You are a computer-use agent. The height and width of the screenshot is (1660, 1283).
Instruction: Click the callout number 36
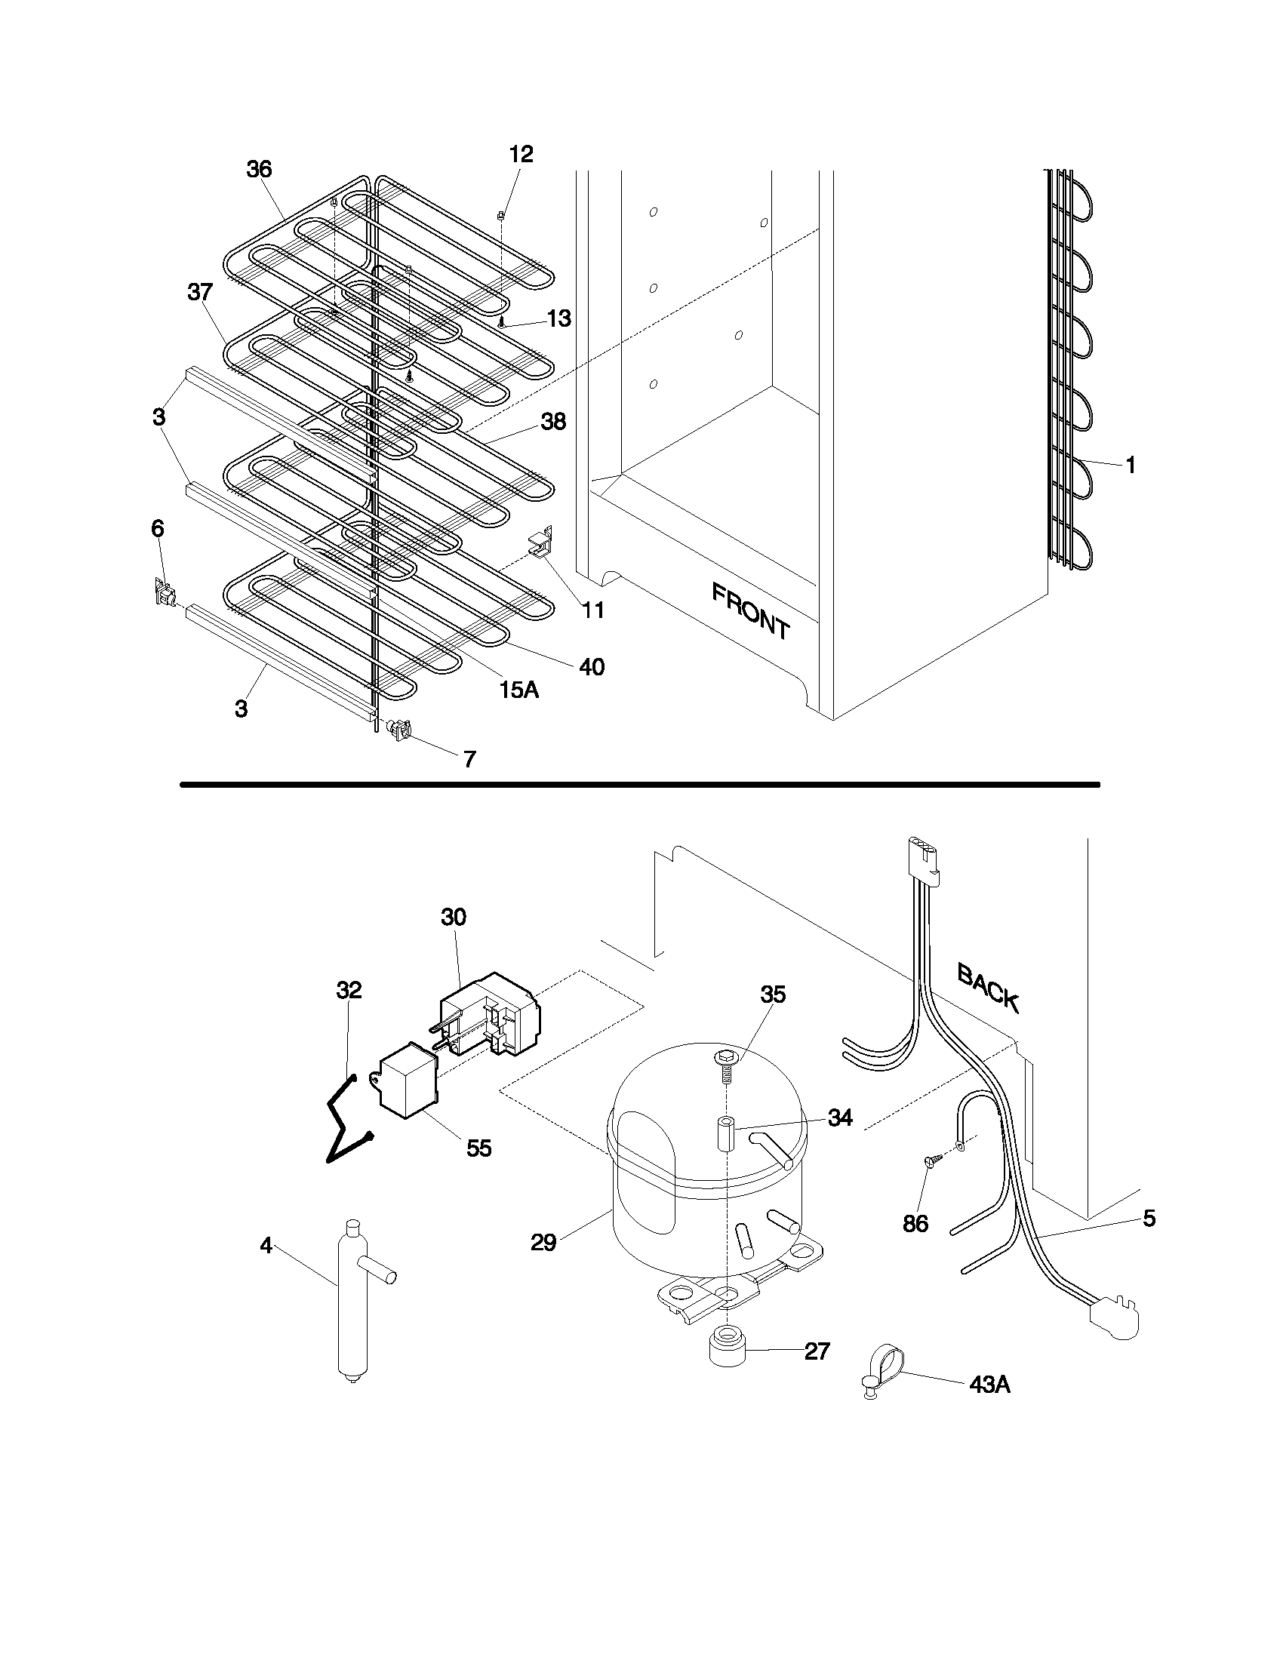click(x=259, y=169)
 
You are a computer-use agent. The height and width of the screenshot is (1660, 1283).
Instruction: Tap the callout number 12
click(x=521, y=154)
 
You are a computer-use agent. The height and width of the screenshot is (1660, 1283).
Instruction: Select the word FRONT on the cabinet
click(x=750, y=610)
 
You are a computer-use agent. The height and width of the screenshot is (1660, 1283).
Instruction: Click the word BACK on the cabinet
click(x=987, y=987)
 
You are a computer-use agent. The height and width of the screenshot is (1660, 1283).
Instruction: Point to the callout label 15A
click(x=518, y=690)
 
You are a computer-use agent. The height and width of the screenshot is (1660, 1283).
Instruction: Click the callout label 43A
click(x=989, y=1385)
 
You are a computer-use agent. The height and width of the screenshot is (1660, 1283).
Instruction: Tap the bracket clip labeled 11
click(x=540, y=543)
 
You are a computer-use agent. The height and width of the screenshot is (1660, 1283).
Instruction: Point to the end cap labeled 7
click(x=401, y=730)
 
